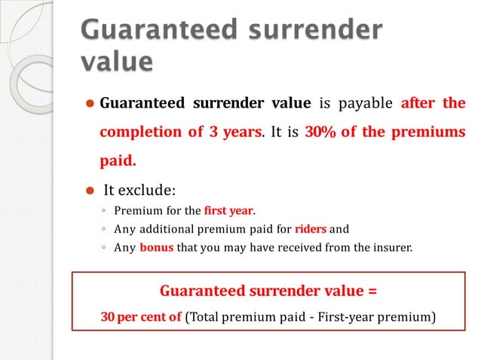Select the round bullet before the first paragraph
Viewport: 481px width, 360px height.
[x=88, y=103]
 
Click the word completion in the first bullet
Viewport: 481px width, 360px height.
[x=139, y=132]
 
